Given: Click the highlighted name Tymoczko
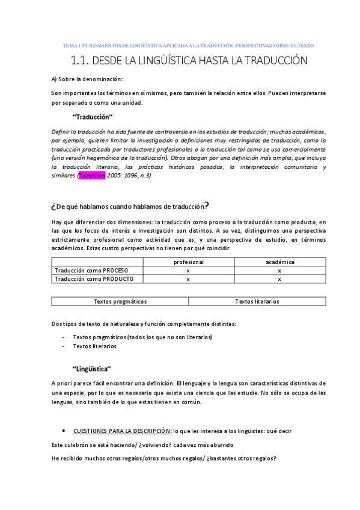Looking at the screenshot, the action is (93, 175).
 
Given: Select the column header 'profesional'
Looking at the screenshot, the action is (189, 262).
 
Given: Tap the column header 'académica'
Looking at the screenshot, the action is (279, 262).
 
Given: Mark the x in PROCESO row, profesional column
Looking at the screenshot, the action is (189, 271).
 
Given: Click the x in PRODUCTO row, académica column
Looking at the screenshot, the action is (279, 279).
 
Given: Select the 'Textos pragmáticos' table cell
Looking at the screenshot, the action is (120, 301).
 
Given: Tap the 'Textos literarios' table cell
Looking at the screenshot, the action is (257, 301).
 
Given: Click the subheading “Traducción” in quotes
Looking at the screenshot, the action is (92, 117).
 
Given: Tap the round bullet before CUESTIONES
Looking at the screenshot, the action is (64, 431).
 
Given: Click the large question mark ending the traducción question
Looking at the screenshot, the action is (207, 206).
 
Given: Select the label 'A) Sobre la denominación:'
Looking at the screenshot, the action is (87, 79).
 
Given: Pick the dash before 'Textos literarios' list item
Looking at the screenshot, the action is (64, 346).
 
